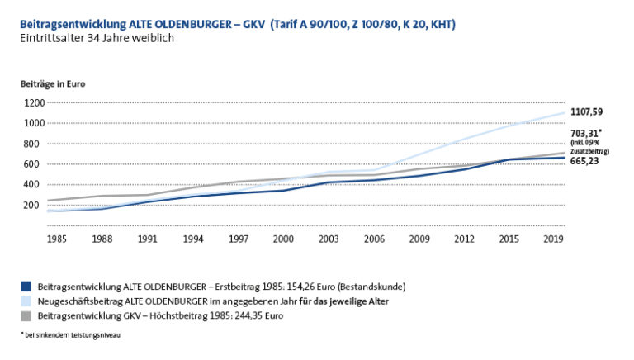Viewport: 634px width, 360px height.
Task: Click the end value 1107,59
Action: (587, 111)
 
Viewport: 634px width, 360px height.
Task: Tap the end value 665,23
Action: (584, 161)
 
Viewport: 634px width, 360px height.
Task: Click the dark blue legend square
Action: (26, 286)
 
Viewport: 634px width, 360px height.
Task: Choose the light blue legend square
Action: (26, 301)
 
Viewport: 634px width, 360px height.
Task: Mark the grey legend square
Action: (26, 315)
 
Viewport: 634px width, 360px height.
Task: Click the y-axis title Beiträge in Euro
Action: (53, 83)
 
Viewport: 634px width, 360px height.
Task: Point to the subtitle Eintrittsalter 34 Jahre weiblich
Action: (97, 38)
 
